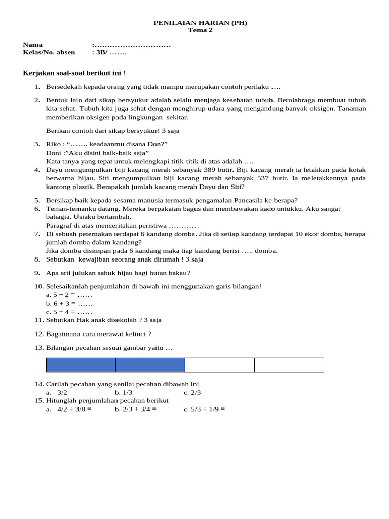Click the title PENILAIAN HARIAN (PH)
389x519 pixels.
click(x=201, y=23)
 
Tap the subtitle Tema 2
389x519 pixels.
click(x=201, y=30)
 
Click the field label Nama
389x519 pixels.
click(x=33, y=45)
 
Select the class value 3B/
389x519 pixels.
click(x=99, y=52)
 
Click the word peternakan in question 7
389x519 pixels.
click(x=97, y=234)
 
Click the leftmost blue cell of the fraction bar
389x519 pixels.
click(x=81, y=365)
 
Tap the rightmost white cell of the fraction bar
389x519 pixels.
click(x=289, y=365)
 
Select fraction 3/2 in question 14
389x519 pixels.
click(x=62, y=392)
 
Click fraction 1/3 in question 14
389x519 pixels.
click(x=127, y=392)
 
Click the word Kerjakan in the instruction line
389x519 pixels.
click(x=36, y=73)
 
